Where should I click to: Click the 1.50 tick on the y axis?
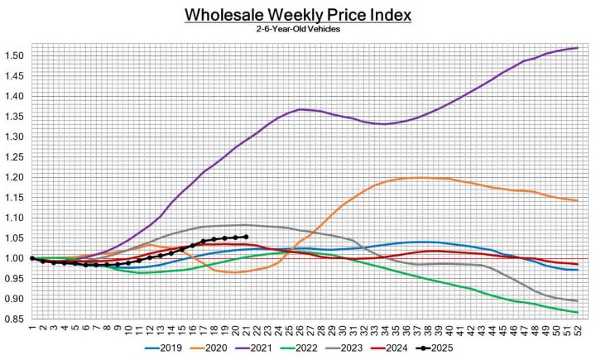[x=14, y=56]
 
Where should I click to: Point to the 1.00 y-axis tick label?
[x=14, y=258]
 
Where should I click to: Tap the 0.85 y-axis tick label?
[x=14, y=319]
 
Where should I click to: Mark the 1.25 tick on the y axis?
[x=14, y=157]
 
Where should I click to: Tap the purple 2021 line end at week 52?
[x=576, y=48]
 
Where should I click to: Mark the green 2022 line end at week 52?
[x=576, y=312]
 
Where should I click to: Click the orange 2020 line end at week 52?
[x=576, y=200]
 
